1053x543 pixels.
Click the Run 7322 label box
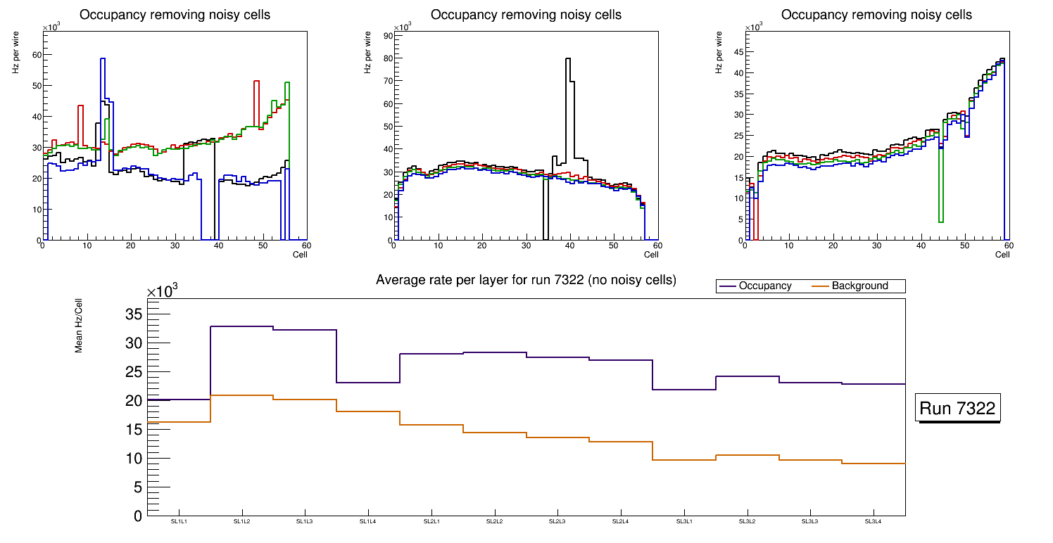(x=957, y=409)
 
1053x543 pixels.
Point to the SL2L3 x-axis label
(x=557, y=521)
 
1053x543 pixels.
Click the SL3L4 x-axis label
(x=874, y=521)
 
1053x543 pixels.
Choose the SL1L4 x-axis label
(x=368, y=521)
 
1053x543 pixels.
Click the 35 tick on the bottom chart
(x=134, y=314)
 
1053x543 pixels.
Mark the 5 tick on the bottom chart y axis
(x=138, y=487)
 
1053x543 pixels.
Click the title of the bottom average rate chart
(x=526, y=280)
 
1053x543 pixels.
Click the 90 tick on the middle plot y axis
(x=387, y=35)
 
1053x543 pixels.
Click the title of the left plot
(x=175, y=15)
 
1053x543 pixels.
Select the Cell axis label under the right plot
(x=1002, y=255)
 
